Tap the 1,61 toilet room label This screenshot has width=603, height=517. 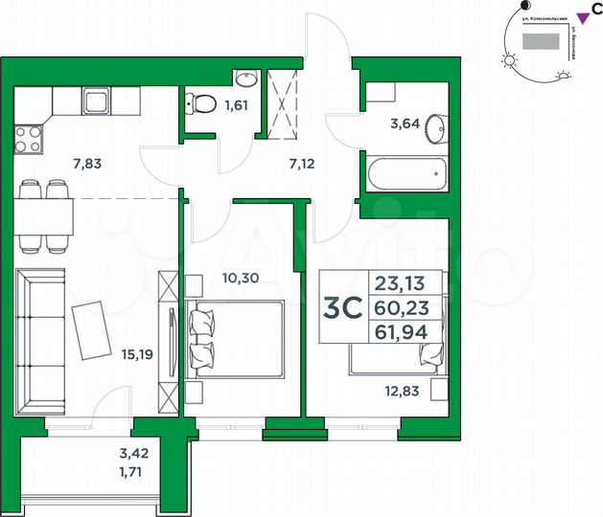point(235,105)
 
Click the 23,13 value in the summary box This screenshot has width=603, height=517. point(408,283)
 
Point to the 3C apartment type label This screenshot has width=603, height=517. point(342,308)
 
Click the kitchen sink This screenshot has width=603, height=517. point(98,101)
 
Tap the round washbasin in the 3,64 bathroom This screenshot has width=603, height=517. point(436,125)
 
